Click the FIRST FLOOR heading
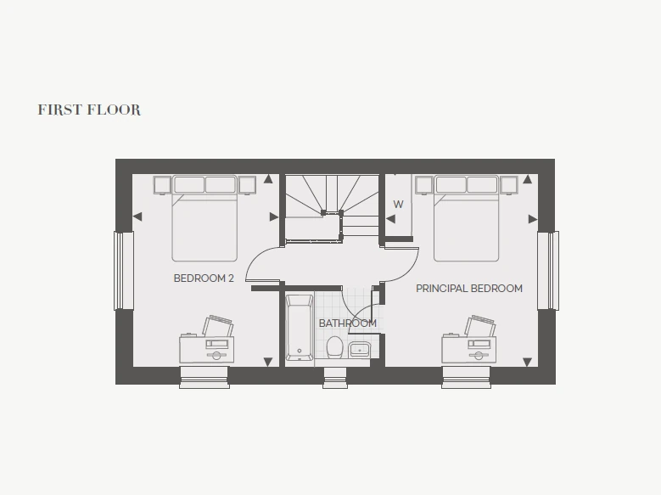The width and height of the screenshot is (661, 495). [89, 110]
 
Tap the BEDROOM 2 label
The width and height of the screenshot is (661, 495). [204, 278]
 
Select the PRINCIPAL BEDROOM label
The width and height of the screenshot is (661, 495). [469, 289]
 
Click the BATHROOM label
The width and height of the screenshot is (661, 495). [348, 323]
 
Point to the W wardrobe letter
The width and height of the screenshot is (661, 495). [398, 205]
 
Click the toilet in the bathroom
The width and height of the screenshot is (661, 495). [334, 347]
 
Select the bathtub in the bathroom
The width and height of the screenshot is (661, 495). [300, 328]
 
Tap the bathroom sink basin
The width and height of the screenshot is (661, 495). [360, 350]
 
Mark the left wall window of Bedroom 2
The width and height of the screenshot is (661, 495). [124, 271]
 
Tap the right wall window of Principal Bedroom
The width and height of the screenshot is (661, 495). [548, 271]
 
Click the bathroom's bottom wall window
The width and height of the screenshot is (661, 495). [335, 378]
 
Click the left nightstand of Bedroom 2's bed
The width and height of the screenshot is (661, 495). [162, 185]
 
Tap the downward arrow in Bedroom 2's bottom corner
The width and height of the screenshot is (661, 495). [268, 362]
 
